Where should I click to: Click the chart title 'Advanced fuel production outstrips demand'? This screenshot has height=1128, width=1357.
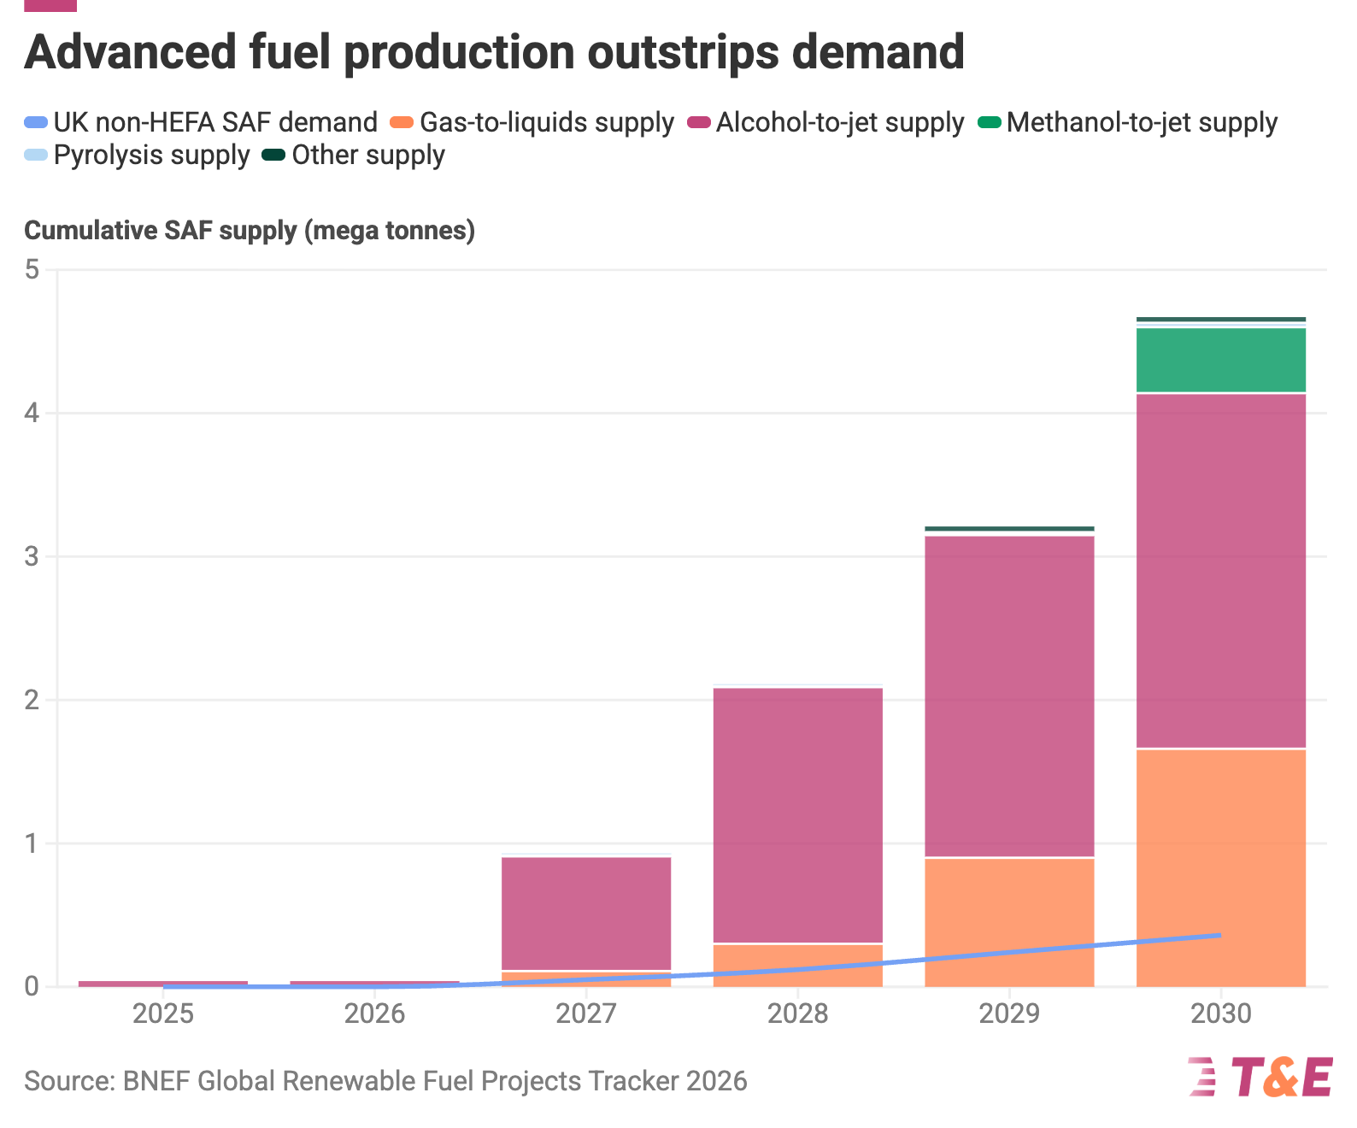(494, 52)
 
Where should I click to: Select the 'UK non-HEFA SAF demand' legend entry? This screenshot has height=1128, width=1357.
(201, 122)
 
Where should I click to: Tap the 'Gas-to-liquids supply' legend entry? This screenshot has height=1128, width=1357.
(532, 122)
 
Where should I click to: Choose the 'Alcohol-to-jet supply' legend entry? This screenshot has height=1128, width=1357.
(825, 122)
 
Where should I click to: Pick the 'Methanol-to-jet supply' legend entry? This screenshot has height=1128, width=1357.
(1128, 122)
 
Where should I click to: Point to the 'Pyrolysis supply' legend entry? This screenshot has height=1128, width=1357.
(137, 155)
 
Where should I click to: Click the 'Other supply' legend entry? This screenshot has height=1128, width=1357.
(354, 155)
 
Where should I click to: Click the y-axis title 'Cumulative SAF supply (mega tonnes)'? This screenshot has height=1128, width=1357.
(250, 231)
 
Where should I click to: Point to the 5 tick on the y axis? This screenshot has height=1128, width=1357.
(32, 269)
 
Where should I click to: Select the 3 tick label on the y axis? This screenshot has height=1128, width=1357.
(32, 556)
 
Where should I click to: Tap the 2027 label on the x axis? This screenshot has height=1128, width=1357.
(586, 1013)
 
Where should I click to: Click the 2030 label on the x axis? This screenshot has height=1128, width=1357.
(1221, 1013)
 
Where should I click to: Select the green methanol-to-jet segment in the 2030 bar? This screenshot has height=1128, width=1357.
(1221, 360)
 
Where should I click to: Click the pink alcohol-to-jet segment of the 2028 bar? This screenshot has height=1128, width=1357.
(798, 815)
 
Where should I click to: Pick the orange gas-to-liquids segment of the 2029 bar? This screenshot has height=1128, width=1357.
(1009, 923)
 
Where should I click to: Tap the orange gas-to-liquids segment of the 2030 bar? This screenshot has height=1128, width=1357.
(1221, 868)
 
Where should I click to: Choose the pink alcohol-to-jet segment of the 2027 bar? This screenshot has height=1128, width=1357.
(586, 914)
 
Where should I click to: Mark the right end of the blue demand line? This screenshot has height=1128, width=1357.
(1220, 935)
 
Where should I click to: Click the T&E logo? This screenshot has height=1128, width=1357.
(1260, 1078)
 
